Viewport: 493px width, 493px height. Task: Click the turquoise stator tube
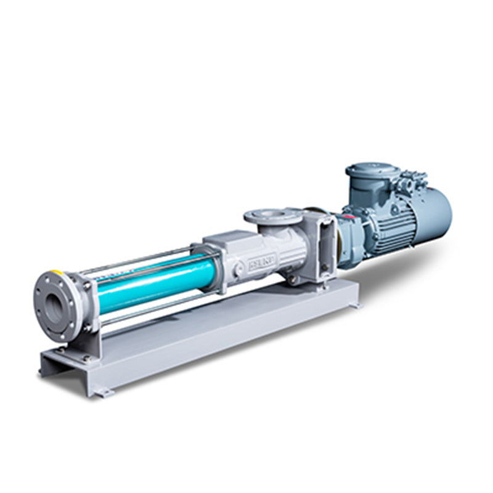click(x=154, y=284)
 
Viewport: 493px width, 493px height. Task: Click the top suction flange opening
click(x=272, y=216)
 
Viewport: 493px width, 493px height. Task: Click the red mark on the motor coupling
click(x=348, y=218)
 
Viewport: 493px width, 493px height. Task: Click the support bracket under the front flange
click(x=83, y=345)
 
